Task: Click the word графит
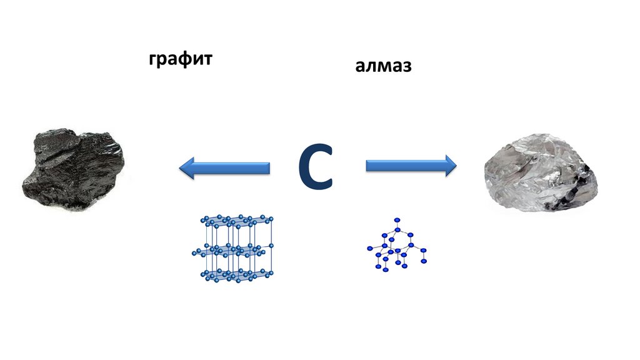click(x=181, y=60)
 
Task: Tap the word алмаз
click(x=384, y=66)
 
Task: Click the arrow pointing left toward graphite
click(x=224, y=167)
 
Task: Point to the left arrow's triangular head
click(x=187, y=167)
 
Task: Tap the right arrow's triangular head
click(x=449, y=166)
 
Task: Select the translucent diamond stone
click(x=541, y=172)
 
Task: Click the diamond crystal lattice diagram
click(x=397, y=246)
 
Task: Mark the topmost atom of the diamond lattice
click(x=396, y=220)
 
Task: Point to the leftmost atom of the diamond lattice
click(x=369, y=249)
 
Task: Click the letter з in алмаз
click(x=406, y=67)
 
